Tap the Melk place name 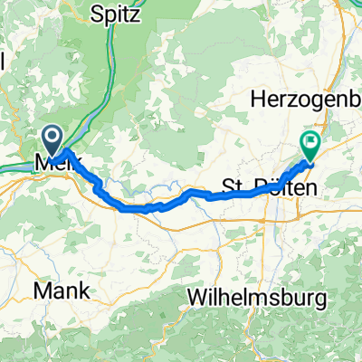click(x=54, y=165)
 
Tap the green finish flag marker click(x=310, y=142)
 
